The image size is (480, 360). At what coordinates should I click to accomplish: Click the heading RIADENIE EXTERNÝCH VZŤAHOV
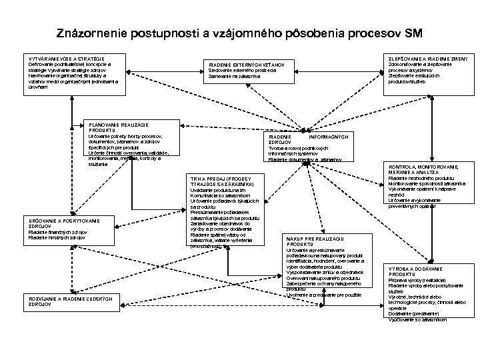tap(247, 65)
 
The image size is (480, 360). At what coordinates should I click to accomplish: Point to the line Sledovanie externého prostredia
tap(245, 71)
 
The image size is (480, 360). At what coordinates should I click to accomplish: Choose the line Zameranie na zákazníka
tap(234, 77)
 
